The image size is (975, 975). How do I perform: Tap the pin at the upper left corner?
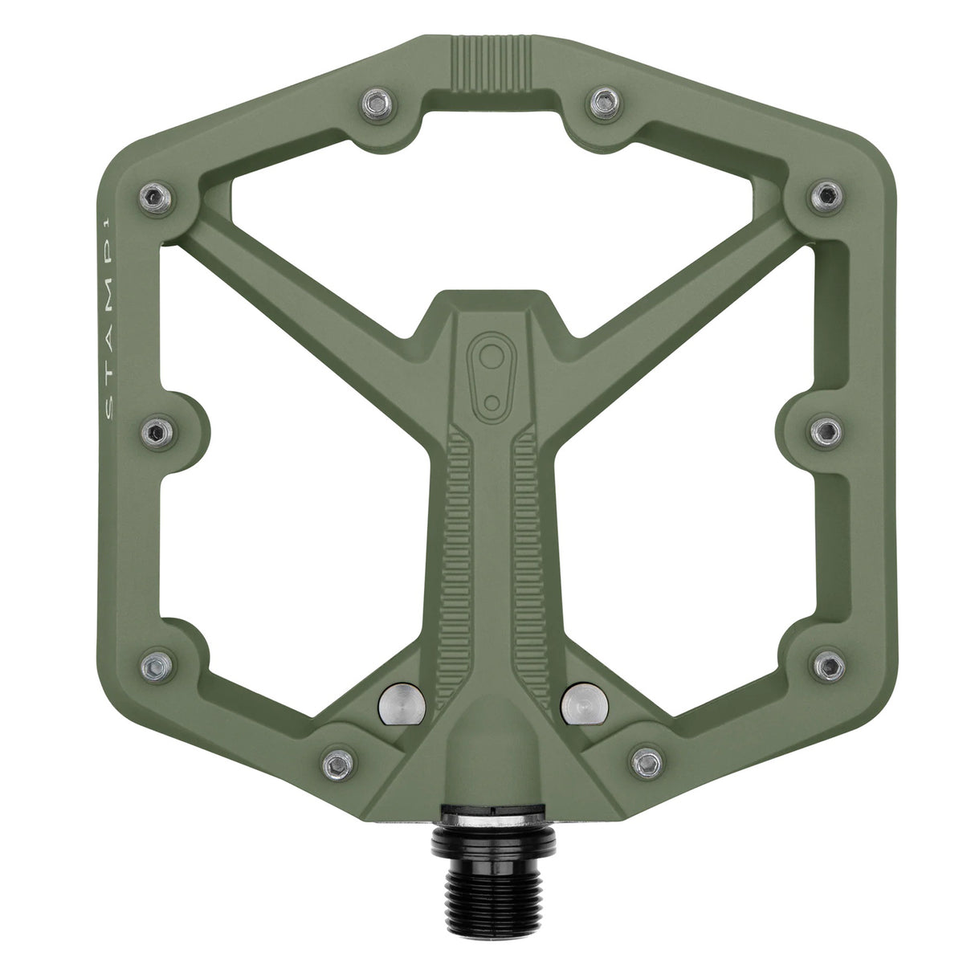click(153, 194)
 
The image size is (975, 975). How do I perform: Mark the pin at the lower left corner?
click(154, 665)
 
